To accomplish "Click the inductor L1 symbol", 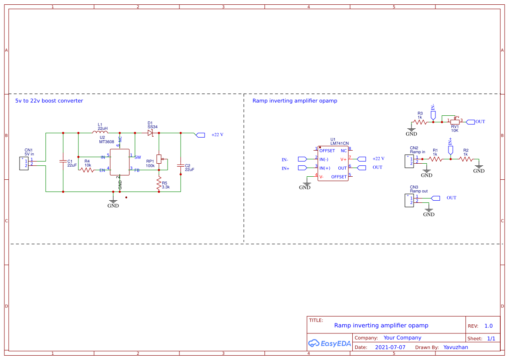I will pos(100,132).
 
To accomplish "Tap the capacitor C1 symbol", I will pos(63,162).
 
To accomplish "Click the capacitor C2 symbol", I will pos(180,165).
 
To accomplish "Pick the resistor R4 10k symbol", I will pos(87,170).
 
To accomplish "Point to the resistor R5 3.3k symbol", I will pos(159,184).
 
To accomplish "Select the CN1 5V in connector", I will pos(24,163).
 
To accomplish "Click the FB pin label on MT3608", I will pos(137,170).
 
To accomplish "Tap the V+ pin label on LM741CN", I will pos(344,159).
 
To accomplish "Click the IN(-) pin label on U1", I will pos(324,159).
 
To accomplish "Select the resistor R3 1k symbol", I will pos(420,122).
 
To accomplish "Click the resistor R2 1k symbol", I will pos(465,159).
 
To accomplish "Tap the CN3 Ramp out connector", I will pos(410,200).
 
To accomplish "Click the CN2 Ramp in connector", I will pos(410,161).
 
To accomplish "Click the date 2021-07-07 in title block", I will pos(390,347).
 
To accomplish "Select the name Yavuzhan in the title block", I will pos(455,347).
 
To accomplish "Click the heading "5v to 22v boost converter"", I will pos(49,101).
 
